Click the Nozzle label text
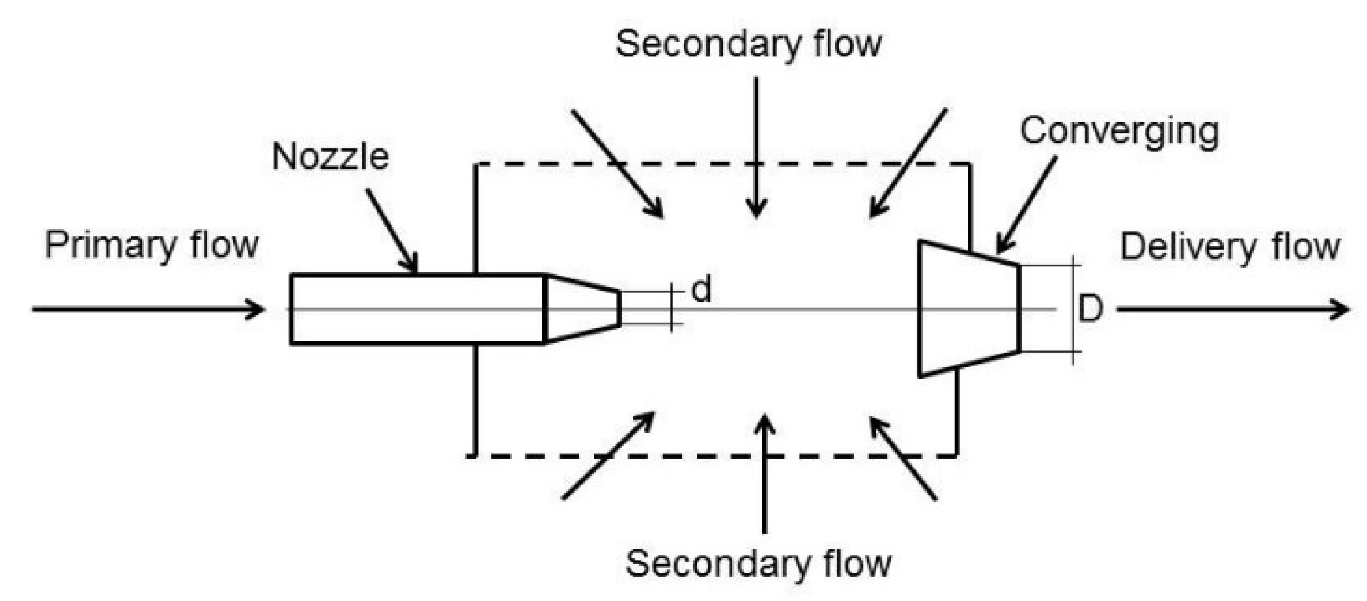(x=330, y=157)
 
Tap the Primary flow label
(x=152, y=245)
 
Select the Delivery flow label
(x=1229, y=247)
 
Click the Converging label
(x=1119, y=132)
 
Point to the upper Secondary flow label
(x=748, y=44)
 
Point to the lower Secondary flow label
(x=758, y=563)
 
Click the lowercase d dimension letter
(x=701, y=289)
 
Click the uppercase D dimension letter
(x=1090, y=309)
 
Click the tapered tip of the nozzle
(x=582, y=309)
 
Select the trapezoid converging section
(x=968, y=309)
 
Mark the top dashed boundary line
(x=719, y=164)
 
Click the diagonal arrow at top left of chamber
(x=617, y=163)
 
